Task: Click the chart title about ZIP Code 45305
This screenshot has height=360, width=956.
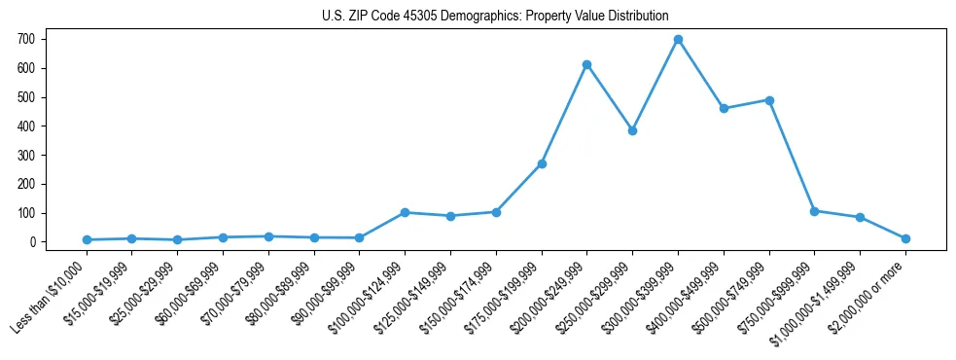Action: click(495, 16)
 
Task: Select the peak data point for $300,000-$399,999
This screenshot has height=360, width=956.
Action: click(678, 40)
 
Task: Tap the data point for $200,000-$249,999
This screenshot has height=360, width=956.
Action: click(587, 64)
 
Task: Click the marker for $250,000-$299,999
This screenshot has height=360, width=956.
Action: click(632, 130)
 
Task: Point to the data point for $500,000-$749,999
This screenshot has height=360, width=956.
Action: click(769, 100)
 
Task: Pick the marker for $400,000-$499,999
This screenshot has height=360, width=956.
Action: click(724, 108)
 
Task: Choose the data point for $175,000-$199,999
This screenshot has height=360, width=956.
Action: click(542, 163)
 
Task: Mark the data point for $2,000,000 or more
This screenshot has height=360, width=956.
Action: click(905, 238)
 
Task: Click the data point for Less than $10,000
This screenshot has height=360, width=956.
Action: click(87, 239)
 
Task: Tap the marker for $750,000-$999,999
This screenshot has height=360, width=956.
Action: click(814, 211)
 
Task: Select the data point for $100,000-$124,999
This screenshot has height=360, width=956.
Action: click(405, 212)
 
